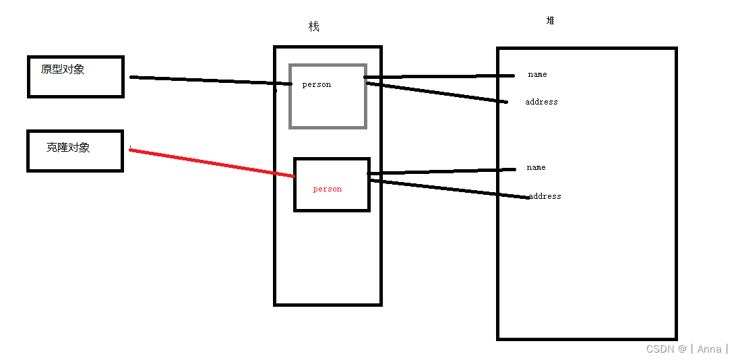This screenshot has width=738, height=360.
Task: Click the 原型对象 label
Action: (x=63, y=69)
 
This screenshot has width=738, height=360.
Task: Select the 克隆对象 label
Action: (x=68, y=147)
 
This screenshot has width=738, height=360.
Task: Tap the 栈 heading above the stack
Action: (x=313, y=27)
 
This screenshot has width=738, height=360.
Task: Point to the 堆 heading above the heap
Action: (x=551, y=21)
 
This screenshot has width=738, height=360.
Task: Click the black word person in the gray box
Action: (x=317, y=84)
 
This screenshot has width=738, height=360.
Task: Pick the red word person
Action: (x=328, y=189)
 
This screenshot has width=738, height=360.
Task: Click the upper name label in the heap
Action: (x=537, y=74)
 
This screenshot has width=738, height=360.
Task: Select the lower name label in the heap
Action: (x=536, y=167)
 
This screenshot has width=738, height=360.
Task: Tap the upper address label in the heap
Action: (x=541, y=102)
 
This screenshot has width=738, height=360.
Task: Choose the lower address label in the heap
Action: (x=545, y=196)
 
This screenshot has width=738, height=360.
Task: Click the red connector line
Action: (x=212, y=163)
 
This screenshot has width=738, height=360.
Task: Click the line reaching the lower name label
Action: (x=441, y=171)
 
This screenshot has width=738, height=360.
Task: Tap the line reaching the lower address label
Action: (x=448, y=188)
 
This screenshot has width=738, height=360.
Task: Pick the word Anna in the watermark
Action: (x=709, y=349)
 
